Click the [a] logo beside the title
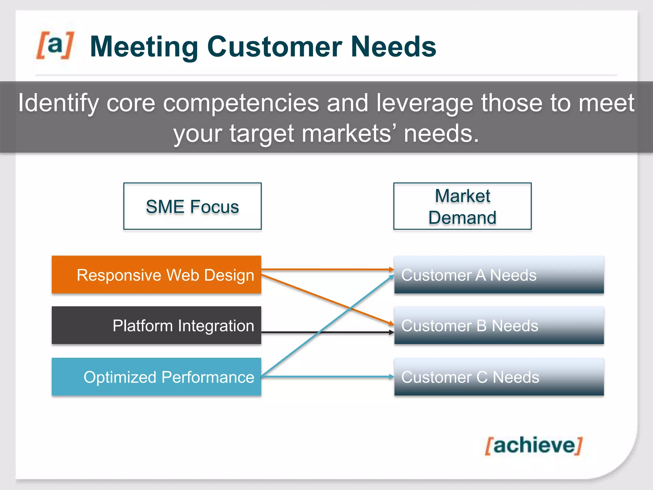pyautogui.click(x=55, y=45)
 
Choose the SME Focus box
pyautogui.click(x=192, y=206)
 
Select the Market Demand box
pyautogui.click(x=462, y=206)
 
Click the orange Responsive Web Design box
pyautogui.click(x=156, y=275)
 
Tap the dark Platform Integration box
pyautogui.click(x=156, y=325)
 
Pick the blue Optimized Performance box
pyautogui.click(x=156, y=377)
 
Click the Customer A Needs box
pyautogui.click(x=499, y=275)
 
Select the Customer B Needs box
pyautogui.click(x=499, y=325)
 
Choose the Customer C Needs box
pyautogui.click(x=499, y=377)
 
